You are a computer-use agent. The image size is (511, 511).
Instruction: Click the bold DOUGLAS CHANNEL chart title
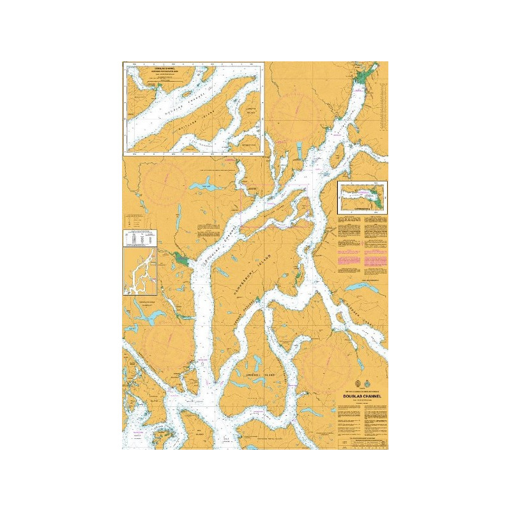(361, 395)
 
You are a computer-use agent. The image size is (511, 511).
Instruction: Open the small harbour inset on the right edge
(362, 197)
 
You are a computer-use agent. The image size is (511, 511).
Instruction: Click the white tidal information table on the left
(141, 237)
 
